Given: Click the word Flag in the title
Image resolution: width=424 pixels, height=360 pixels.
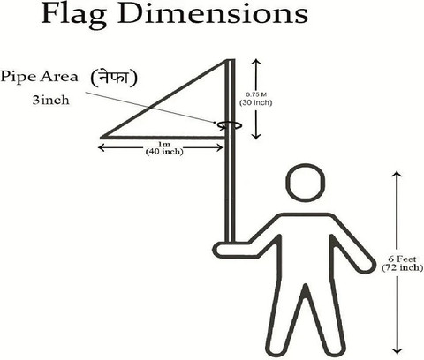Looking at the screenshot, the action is (x=74, y=14).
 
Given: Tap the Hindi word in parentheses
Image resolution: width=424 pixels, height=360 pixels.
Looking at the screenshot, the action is (x=114, y=79).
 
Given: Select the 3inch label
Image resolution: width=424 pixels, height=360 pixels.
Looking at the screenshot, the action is (x=50, y=101).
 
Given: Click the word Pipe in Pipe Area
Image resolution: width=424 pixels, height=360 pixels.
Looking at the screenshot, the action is (x=19, y=77).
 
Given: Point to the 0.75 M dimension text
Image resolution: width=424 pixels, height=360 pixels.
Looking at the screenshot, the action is (x=256, y=94).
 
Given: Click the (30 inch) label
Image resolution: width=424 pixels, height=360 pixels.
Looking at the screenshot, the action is (x=255, y=102).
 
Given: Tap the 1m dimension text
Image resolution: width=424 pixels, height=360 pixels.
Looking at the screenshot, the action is (x=164, y=145).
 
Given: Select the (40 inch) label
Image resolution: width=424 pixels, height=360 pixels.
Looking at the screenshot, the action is (x=164, y=152).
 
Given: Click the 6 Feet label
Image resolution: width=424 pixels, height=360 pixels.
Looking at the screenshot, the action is (x=402, y=259).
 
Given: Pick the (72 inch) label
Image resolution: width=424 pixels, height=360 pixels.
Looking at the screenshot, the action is (x=403, y=267).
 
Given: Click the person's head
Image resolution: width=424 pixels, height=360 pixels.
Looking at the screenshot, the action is (x=306, y=183).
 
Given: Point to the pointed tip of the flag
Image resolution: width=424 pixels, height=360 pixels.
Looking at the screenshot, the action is (x=101, y=138).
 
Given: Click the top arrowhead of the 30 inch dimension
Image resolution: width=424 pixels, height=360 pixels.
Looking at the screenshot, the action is (x=256, y=62).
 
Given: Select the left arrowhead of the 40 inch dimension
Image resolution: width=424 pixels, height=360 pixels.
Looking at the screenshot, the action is (x=101, y=147).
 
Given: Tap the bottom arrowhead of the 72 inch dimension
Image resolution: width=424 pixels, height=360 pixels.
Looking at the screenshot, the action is (x=397, y=351).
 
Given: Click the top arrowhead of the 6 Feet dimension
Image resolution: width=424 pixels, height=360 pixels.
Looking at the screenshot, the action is (x=397, y=174).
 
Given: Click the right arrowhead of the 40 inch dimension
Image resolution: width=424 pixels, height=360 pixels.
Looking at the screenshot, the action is (x=220, y=147).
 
